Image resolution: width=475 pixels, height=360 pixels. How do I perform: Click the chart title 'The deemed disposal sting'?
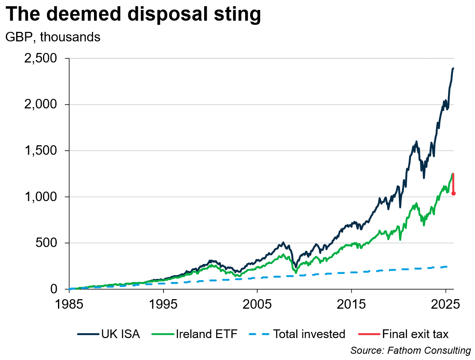[x=133, y=14]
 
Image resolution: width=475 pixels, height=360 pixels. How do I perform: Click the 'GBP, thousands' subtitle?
[x=53, y=37]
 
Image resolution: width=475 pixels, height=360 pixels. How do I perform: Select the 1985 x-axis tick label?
[x=69, y=304]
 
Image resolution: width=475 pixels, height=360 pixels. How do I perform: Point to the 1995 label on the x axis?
[x=163, y=304]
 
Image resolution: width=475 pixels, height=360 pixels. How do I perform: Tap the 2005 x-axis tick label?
[x=257, y=304]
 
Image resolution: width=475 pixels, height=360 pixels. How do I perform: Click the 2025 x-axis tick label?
[x=445, y=304]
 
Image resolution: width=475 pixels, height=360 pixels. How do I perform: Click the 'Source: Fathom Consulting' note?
[x=410, y=350]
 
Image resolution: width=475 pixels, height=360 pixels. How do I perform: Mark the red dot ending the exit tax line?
[x=453, y=193]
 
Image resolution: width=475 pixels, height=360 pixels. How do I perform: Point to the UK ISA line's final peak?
[x=453, y=68]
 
